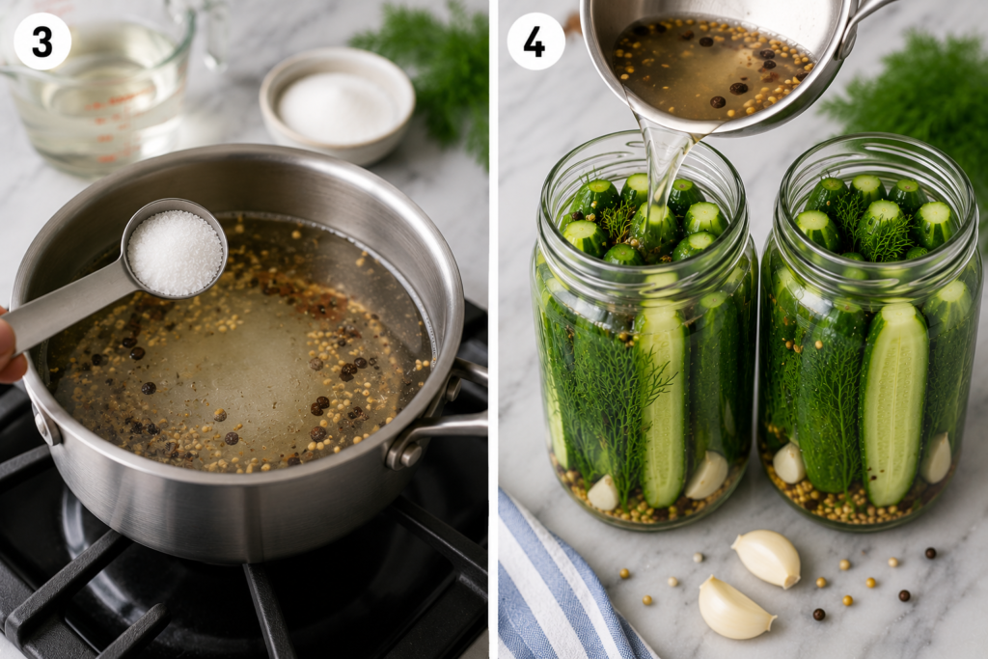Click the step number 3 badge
[42, 41]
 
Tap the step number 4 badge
[535, 41]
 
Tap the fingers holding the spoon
[10, 346]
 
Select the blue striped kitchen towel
[561, 586]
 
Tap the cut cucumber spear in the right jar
[893, 403]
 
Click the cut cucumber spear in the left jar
[663, 403]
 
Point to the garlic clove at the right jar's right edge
[936, 458]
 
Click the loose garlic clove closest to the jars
[766, 559]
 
